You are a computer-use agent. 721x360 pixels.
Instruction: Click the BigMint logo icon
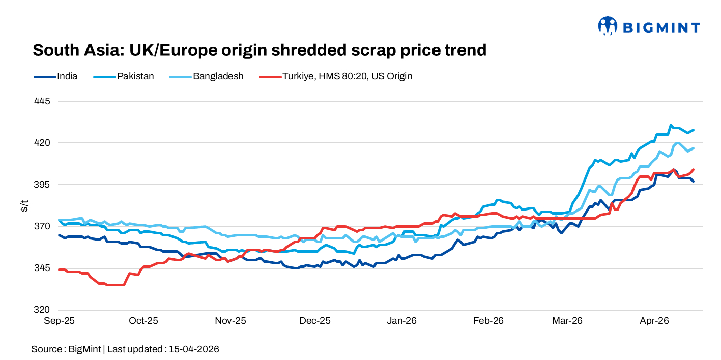(607, 26)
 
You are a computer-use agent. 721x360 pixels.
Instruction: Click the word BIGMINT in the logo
(661, 27)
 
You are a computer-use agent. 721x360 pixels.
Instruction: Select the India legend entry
(67, 76)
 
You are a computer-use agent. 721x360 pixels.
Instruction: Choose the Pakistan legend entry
(135, 76)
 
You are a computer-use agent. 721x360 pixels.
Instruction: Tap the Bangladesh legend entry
(218, 76)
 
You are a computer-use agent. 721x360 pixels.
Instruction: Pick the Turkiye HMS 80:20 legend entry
(347, 76)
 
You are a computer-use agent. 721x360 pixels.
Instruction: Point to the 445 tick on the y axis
(43, 101)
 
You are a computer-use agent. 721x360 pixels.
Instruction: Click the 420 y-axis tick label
(43, 143)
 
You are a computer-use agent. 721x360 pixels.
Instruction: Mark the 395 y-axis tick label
(43, 185)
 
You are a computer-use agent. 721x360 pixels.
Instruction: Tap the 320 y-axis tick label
(43, 310)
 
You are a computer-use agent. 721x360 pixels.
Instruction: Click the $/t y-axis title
(24, 205)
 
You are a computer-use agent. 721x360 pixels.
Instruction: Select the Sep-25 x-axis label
(60, 321)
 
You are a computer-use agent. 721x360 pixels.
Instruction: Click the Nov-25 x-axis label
(230, 321)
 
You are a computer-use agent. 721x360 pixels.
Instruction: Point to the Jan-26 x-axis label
(402, 321)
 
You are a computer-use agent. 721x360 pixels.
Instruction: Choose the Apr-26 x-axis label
(654, 321)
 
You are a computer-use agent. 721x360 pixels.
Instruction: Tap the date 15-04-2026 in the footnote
(194, 349)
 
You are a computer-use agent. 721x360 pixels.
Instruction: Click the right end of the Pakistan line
(694, 130)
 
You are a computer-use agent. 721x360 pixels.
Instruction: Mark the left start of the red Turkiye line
(60, 269)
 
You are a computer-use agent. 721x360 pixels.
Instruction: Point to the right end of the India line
(694, 181)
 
